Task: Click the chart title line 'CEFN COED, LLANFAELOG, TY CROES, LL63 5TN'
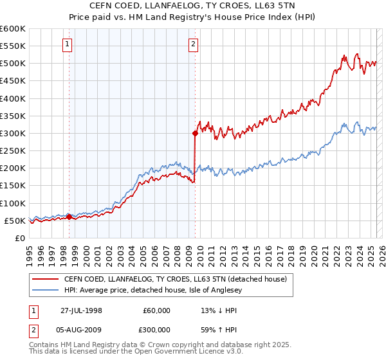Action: (193, 6)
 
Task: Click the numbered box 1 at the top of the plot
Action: (68, 44)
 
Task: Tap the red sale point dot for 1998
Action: (69, 217)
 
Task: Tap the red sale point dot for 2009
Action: (194, 134)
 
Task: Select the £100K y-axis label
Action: (13, 203)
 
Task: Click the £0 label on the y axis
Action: (19, 238)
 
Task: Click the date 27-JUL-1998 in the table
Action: (82, 310)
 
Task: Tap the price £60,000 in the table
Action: (156, 310)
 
